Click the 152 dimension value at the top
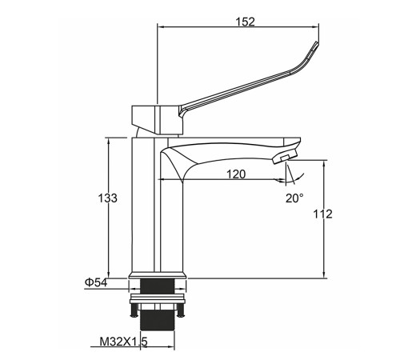pos(245,22)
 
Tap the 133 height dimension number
pos(107,198)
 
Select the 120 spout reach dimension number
pos(236,174)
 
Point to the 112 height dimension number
pos(322,214)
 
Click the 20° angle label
pos(294,198)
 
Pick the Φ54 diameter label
pos(96,282)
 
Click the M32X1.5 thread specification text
pos(123,342)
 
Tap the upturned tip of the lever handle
pos(316,45)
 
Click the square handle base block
pos(158,119)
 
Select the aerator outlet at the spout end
pos(285,157)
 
